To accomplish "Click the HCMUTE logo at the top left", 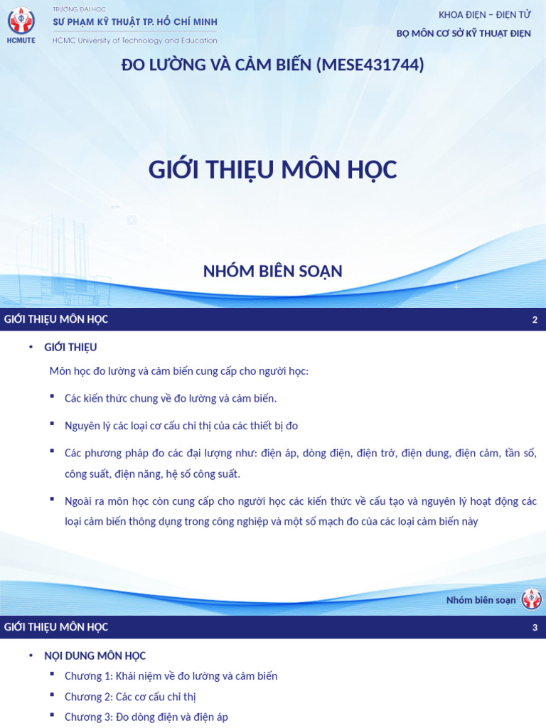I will click(x=21, y=25).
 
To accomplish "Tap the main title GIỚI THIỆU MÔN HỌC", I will click(x=273, y=170).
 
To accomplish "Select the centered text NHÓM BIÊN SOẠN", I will click(x=273, y=271).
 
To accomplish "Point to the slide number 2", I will click(x=535, y=320).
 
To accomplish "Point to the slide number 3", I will click(x=535, y=628).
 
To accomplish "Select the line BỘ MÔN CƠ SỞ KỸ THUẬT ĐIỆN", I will click(x=464, y=34).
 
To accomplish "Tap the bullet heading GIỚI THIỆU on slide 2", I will click(x=70, y=348).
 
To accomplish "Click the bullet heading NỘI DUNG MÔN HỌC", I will click(x=95, y=655).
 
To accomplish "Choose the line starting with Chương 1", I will click(x=171, y=676).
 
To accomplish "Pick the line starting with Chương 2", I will click(x=129, y=697).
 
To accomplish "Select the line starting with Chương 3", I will click(x=146, y=717).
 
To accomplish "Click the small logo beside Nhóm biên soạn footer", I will click(x=531, y=599).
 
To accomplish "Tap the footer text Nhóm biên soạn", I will click(x=481, y=600).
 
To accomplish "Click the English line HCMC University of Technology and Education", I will click(x=134, y=41).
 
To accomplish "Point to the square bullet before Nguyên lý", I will click(x=53, y=423).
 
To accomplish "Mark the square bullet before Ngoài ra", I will click(x=53, y=498).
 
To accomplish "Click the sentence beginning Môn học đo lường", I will click(x=179, y=372).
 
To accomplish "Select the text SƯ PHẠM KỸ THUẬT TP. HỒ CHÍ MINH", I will click(x=134, y=22).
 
